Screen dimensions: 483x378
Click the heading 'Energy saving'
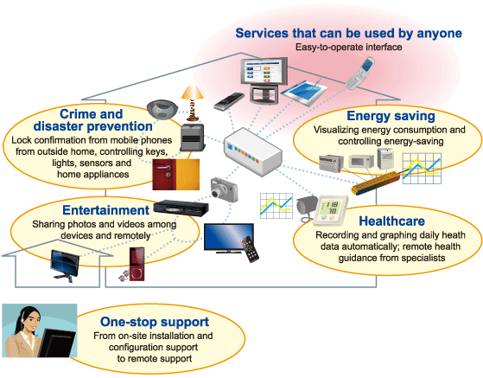click(391, 116)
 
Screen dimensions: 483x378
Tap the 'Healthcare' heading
click(391, 221)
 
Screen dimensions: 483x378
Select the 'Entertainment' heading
click(105, 210)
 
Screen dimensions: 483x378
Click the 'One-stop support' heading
click(155, 322)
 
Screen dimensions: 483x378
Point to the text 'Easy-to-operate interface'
click(349, 47)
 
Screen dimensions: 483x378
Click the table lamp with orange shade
click(193, 103)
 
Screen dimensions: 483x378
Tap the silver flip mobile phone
click(359, 73)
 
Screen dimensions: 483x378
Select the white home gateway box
click(252, 151)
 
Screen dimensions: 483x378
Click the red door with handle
click(164, 175)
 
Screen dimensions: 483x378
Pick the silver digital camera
click(225, 189)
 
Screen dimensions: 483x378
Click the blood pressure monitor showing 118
click(331, 210)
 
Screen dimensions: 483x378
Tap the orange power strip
click(376, 183)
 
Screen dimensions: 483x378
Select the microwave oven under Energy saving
click(361, 161)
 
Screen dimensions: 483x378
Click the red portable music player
click(137, 264)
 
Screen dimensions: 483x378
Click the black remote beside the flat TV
click(250, 249)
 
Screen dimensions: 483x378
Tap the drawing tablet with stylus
click(304, 91)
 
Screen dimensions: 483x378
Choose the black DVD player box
click(181, 208)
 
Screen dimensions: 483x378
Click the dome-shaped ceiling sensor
click(162, 109)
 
